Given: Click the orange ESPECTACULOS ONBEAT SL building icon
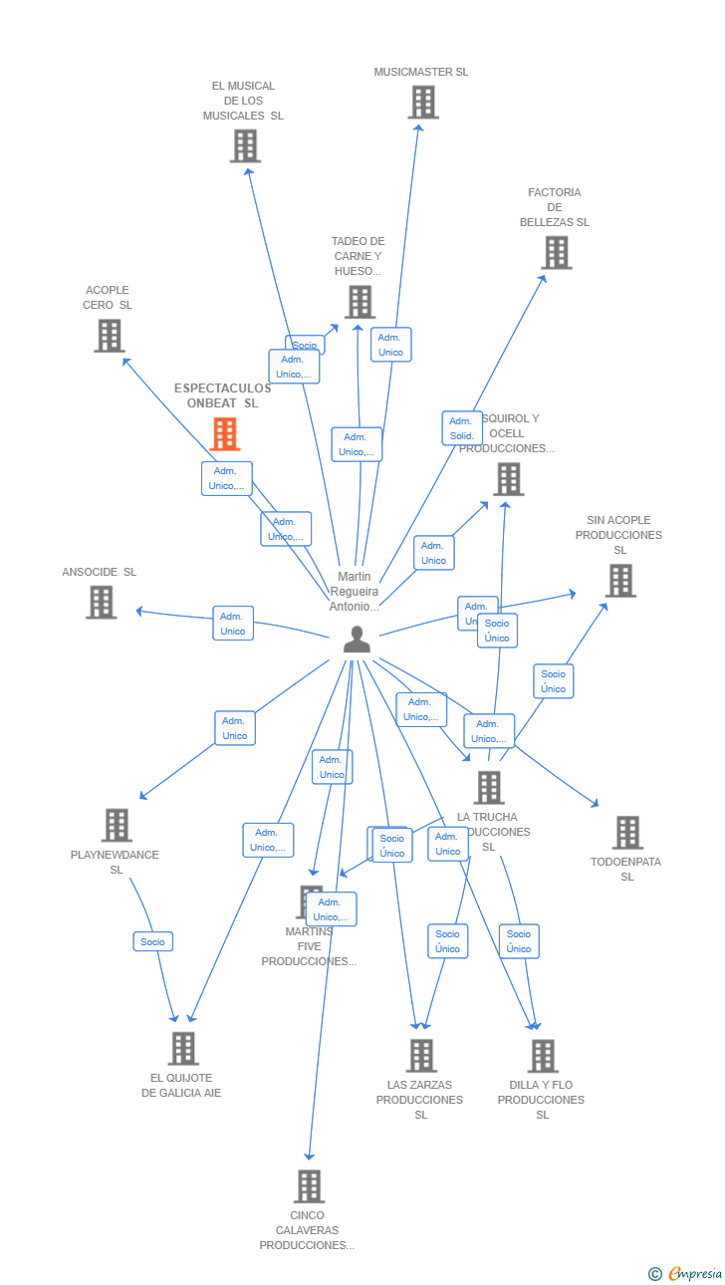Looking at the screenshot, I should [225, 434].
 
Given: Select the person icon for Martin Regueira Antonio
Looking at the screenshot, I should [357, 640].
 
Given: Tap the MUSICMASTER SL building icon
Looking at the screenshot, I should [423, 102].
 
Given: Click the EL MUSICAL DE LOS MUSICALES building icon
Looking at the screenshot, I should [245, 145].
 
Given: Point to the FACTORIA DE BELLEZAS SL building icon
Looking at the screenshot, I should [557, 252].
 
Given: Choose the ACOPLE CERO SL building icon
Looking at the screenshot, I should [110, 336].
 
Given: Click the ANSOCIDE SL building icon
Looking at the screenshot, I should [101, 602].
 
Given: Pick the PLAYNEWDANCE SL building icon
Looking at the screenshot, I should [117, 825].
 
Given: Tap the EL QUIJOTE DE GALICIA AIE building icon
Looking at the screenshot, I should [183, 1048].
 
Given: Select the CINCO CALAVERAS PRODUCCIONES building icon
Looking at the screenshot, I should [309, 1186].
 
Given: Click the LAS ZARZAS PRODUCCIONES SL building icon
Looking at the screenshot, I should [421, 1056].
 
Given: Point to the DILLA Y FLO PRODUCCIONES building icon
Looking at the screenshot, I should [543, 1056].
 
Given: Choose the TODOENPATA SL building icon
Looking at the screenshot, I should [627, 833].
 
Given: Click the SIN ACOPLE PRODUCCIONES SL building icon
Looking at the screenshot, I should [620, 580].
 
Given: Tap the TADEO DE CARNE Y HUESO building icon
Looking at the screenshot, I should [360, 301].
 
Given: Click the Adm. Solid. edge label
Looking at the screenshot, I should [462, 428].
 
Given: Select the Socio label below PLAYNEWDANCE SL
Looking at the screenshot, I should [153, 941].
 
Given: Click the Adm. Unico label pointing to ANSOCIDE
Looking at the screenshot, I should [233, 624].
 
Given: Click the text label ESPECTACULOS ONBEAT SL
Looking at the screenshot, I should [222, 395].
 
